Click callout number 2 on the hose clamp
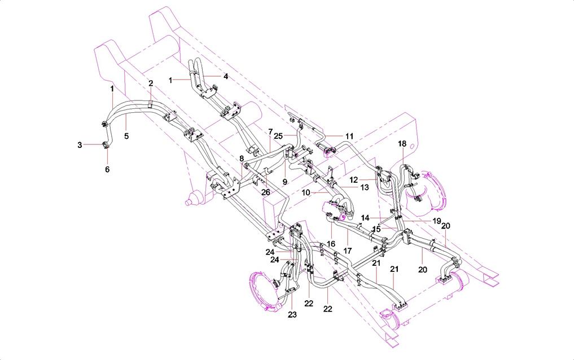point(151,83)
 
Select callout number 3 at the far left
point(80,145)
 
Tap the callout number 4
point(225,76)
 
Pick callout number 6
point(107,169)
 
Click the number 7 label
point(270,131)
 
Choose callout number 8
point(242,159)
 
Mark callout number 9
point(285,182)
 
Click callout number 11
point(349,136)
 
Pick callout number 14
point(366,217)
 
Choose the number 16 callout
point(331,244)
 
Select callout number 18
point(402,144)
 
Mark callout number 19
point(437,220)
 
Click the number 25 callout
point(277,135)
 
